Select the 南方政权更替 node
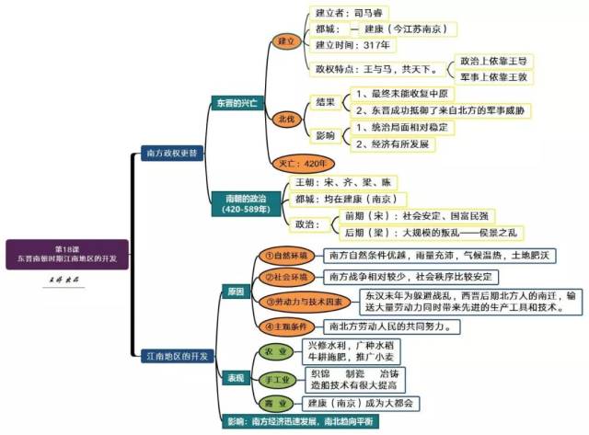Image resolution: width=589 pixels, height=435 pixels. click(x=171, y=151)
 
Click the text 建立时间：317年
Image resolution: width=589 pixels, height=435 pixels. click(x=353, y=45)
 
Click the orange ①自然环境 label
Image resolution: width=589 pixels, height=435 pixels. click(x=286, y=255)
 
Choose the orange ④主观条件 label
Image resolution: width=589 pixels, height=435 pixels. click(x=286, y=326)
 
